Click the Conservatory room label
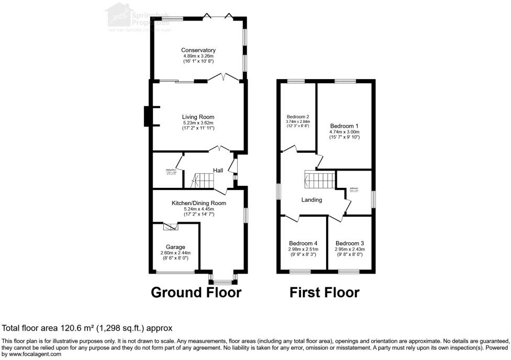(x=198, y=50)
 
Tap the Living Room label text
(x=198, y=117)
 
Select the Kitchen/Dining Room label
(x=199, y=203)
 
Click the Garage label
(x=175, y=247)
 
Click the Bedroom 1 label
(x=344, y=126)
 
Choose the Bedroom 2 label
(x=297, y=117)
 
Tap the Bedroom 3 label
(x=349, y=243)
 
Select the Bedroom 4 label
(x=303, y=243)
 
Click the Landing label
(x=312, y=200)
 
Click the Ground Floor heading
(x=196, y=292)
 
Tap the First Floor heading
(x=325, y=292)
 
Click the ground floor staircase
(x=203, y=181)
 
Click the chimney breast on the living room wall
(x=148, y=117)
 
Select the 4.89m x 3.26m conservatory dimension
(x=198, y=56)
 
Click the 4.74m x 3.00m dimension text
(x=344, y=132)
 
